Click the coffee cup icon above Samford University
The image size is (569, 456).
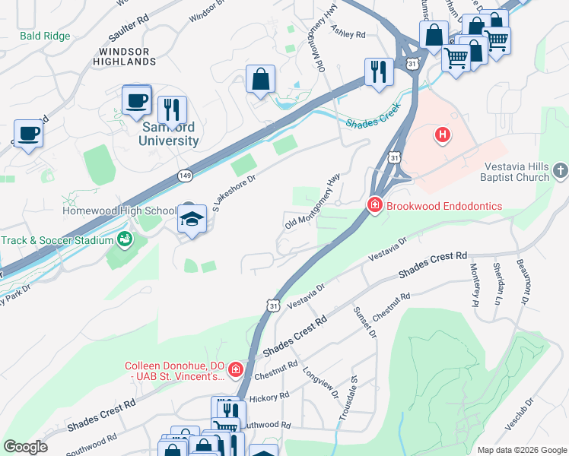click(136, 101)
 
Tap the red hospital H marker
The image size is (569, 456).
click(442, 136)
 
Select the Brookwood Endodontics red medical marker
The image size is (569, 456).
click(374, 205)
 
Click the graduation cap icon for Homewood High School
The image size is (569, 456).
click(192, 220)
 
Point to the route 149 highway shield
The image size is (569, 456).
click(185, 176)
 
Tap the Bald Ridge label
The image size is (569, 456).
click(45, 36)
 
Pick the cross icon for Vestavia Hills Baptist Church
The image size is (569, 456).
click(561, 170)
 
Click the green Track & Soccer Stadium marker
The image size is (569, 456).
click(124, 240)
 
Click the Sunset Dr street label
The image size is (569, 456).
click(365, 322)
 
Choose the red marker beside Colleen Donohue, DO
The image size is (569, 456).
click(236, 370)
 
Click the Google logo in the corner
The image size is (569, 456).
click(25, 447)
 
